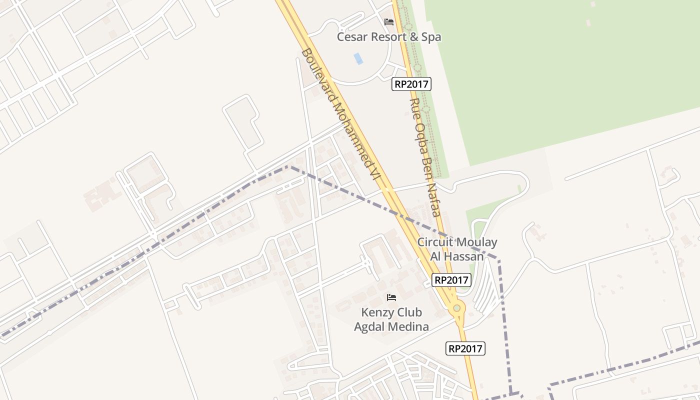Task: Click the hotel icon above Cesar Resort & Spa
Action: (x=389, y=22)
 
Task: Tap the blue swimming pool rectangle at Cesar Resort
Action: (x=358, y=58)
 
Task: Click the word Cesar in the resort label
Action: (x=352, y=37)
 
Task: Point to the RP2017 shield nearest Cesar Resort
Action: (x=411, y=84)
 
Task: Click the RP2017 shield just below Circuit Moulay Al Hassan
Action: (x=451, y=280)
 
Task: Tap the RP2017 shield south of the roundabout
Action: (x=465, y=348)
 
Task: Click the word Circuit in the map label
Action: (x=435, y=242)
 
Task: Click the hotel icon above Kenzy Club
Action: (x=391, y=297)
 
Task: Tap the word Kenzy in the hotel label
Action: (x=376, y=313)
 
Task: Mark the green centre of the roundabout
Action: (x=456, y=308)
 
